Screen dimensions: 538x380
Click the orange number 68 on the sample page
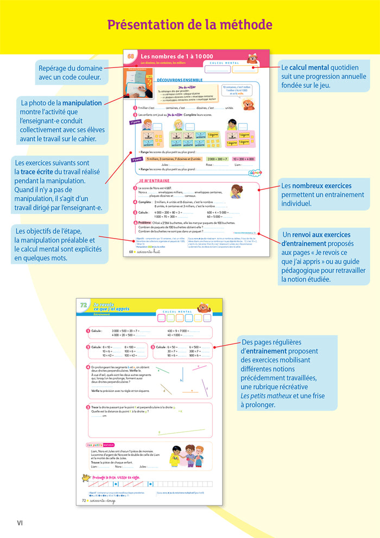[x=131, y=57]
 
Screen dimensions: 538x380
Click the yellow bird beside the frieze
[x=85, y=478]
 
